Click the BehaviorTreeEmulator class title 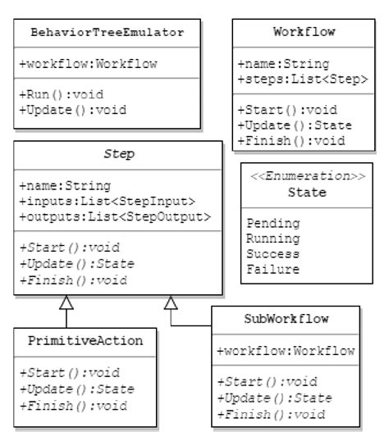coord(107,33)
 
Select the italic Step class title coord(118,154)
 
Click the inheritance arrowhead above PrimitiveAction coord(68,302)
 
